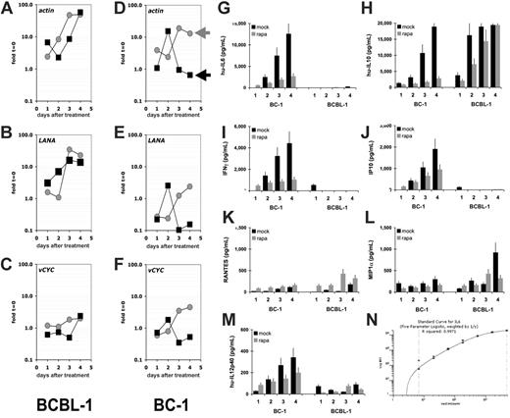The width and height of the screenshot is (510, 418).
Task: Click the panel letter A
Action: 8,11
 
